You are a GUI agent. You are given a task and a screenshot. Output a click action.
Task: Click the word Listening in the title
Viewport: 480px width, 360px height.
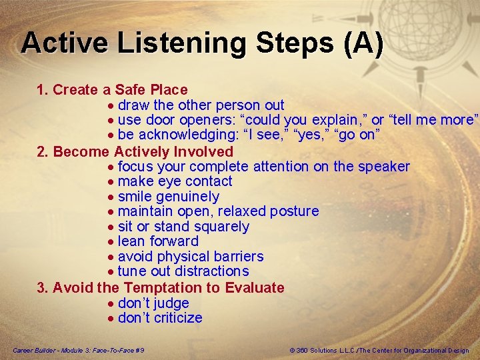click(x=182, y=44)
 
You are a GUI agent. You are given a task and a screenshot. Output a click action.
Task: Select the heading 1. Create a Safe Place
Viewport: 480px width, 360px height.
click(x=112, y=89)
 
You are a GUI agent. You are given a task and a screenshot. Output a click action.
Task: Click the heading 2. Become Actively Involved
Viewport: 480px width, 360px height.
click(x=135, y=151)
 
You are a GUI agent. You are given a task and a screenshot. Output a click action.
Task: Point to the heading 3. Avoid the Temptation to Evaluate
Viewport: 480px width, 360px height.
click(x=160, y=288)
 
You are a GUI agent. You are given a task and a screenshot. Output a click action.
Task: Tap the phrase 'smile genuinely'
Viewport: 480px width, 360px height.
click(x=168, y=197)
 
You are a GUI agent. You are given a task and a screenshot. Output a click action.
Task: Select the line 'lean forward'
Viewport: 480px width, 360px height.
click(x=158, y=241)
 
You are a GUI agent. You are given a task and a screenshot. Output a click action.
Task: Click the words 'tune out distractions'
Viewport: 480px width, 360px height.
click(x=183, y=271)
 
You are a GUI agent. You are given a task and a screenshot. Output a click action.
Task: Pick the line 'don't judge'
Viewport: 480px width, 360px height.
click(x=153, y=303)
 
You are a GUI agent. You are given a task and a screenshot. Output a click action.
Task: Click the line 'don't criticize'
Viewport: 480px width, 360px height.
click(x=160, y=318)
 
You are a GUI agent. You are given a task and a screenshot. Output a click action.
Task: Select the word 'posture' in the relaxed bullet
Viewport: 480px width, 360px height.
click(x=295, y=211)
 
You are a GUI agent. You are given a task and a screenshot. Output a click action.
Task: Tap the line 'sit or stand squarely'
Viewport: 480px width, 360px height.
click(x=183, y=227)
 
